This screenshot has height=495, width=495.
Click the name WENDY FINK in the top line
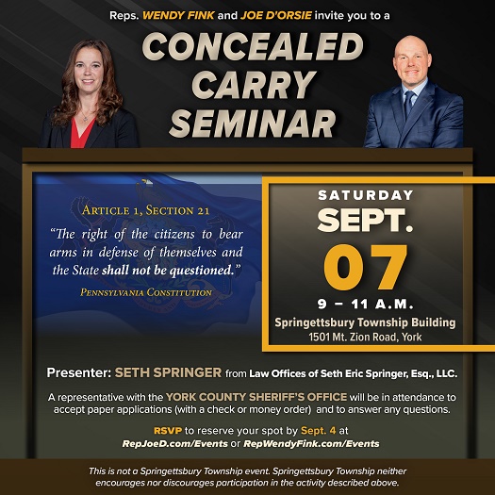(179, 15)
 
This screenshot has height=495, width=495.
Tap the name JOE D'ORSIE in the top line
(276, 15)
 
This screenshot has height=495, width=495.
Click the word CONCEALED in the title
(253, 46)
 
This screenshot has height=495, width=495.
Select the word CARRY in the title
(255, 84)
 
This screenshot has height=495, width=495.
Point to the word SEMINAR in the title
(253, 124)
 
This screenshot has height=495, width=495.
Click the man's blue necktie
(409, 104)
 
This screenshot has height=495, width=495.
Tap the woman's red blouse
(80, 133)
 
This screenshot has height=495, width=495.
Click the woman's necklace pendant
(85, 119)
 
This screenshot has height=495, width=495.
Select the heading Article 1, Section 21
(145, 210)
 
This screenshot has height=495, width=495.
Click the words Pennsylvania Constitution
(146, 292)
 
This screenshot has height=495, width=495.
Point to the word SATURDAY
(366, 195)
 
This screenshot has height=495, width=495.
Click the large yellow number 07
(366, 267)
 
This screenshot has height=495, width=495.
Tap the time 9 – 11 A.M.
(366, 305)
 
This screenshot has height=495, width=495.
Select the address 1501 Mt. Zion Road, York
(365, 338)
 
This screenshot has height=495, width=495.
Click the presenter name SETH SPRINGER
(168, 372)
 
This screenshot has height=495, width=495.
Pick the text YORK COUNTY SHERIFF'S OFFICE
(256, 397)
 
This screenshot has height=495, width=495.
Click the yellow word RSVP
(168, 431)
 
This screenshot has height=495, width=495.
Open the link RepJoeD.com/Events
(174, 443)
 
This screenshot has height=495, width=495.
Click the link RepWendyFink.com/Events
(311, 443)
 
